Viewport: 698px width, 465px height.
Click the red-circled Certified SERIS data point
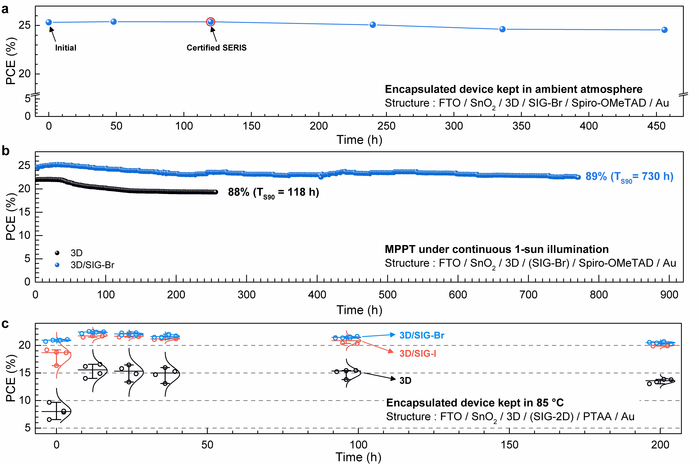(210, 22)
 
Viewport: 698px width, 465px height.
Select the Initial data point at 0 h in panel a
(49, 22)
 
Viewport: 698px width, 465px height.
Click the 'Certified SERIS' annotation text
(216, 48)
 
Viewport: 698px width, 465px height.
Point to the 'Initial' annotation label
(66, 48)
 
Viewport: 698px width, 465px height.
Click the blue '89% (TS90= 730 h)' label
(629, 177)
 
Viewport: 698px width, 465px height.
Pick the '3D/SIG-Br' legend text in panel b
(92, 265)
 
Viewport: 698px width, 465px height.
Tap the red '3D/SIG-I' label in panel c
(418, 353)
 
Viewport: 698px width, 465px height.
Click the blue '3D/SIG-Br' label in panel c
(421, 335)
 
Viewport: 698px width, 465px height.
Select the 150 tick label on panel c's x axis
(510, 445)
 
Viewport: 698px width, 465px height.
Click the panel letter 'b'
(5, 151)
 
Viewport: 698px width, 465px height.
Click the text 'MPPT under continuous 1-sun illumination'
(496, 249)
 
